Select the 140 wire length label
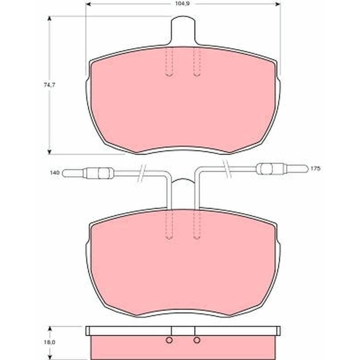pyautogui.click(x=54, y=172)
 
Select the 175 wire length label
pyautogui.click(x=315, y=169)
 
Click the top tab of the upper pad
pyautogui.click(x=183, y=30)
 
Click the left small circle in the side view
pyautogui.click(x=169, y=340)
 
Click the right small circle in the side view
pyautogui.click(x=197, y=340)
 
